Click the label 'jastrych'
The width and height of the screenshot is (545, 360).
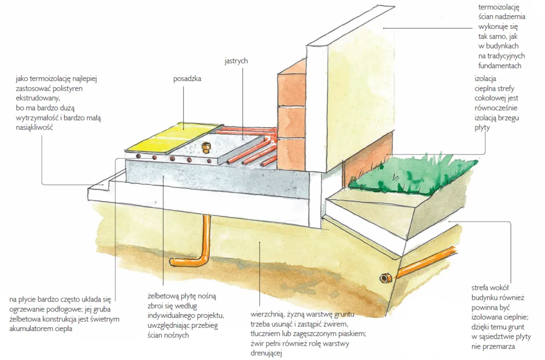(236, 61)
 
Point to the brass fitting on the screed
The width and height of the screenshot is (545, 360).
(207, 148)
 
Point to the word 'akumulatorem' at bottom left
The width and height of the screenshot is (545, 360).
(29, 329)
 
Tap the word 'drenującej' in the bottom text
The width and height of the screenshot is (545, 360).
(267, 353)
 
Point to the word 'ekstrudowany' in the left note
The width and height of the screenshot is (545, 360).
(35, 98)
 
